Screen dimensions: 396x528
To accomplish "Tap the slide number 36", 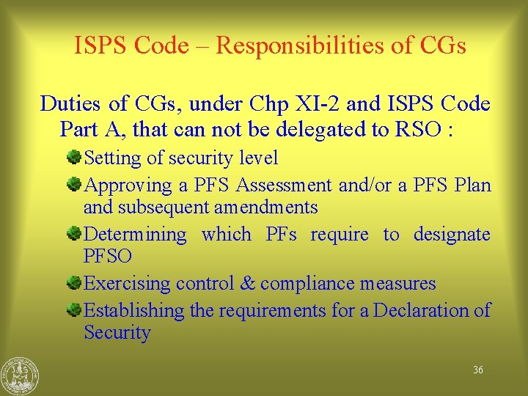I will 478,370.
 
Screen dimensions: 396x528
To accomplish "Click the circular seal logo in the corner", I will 20,375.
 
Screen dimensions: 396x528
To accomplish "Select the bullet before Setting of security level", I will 76,158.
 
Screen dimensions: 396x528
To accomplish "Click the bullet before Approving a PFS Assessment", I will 76,185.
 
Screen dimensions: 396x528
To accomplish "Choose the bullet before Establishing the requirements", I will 76,310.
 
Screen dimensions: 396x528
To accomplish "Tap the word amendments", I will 266,208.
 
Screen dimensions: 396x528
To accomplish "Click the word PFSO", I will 108,257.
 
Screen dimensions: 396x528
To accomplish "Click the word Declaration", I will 422,310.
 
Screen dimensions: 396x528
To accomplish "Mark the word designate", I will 452,235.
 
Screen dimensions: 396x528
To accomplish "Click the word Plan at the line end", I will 472,185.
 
